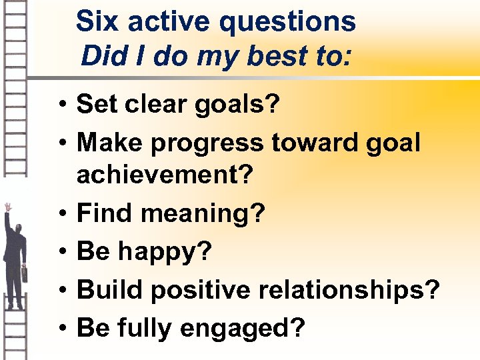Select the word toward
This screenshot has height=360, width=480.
tap(316, 143)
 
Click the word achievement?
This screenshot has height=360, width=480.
tap(165, 176)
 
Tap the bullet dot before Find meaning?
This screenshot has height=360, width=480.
tap(61, 215)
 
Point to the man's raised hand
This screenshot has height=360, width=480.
tap(7, 207)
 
